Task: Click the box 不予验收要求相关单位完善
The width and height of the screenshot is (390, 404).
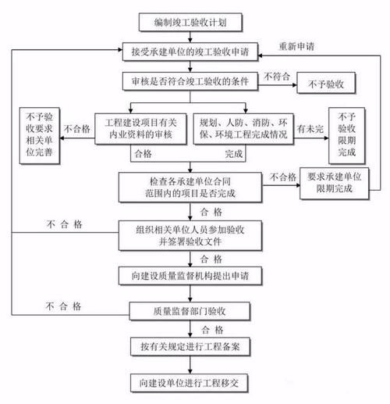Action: [39, 133]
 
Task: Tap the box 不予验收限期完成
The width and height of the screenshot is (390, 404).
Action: [346, 133]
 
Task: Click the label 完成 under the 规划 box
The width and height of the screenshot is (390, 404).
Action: [233, 154]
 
